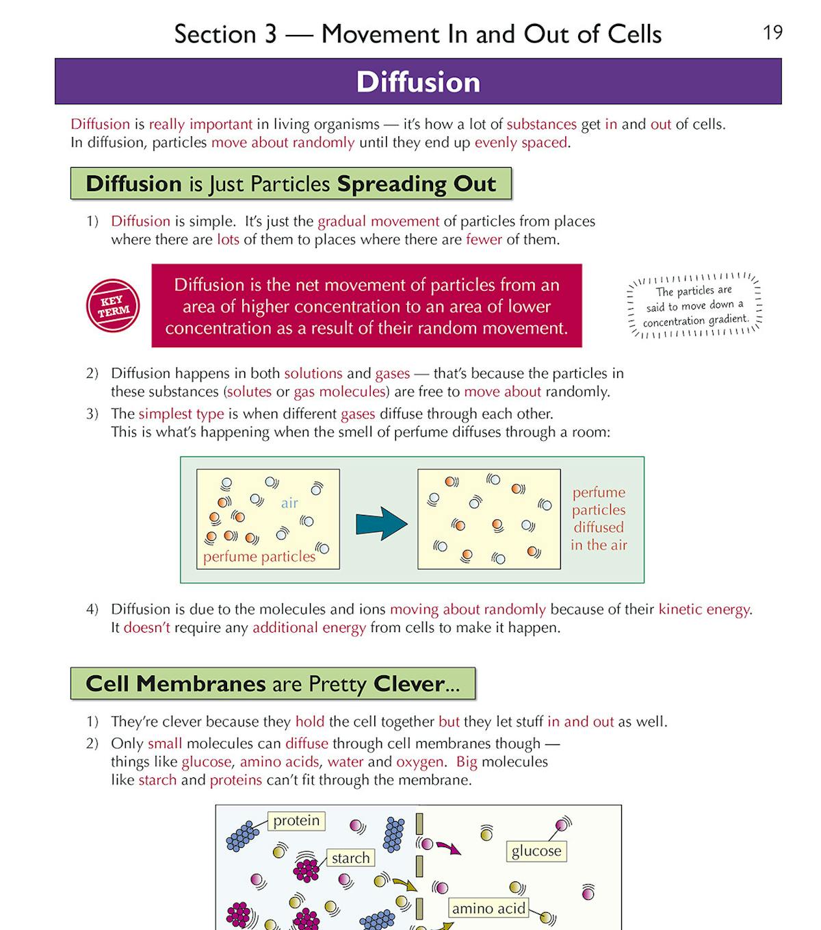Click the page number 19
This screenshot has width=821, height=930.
(772, 32)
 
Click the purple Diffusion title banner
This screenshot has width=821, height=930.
(418, 81)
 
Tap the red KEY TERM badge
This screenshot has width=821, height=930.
(113, 305)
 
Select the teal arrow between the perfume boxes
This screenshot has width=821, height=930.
(381, 524)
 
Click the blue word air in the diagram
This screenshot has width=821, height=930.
(289, 503)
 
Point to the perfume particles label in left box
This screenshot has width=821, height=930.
(259, 556)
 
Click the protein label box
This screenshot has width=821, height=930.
(296, 820)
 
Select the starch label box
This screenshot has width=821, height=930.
(350, 857)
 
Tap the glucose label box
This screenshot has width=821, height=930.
(536, 851)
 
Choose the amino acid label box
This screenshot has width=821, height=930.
(488, 908)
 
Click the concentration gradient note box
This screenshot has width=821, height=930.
(694, 305)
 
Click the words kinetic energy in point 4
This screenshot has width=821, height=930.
(704, 609)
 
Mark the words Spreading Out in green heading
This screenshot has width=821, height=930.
(416, 184)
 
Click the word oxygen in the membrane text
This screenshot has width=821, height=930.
(419, 762)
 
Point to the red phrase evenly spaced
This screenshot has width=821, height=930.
(521, 142)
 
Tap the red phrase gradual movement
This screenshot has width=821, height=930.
(378, 221)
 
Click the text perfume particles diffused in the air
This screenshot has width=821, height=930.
(599, 518)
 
